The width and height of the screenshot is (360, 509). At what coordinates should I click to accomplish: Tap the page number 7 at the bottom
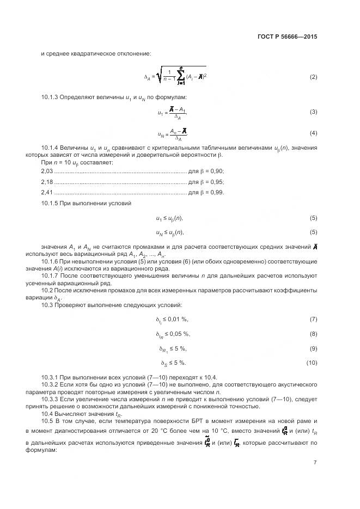click(315, 463)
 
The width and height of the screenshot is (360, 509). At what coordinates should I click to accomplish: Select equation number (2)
click(313, 77)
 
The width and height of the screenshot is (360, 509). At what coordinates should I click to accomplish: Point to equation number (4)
click(313, 133)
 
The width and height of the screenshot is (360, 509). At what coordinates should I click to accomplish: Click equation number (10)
click(312, 363)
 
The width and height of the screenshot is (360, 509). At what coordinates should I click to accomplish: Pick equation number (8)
click(313, 334)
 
